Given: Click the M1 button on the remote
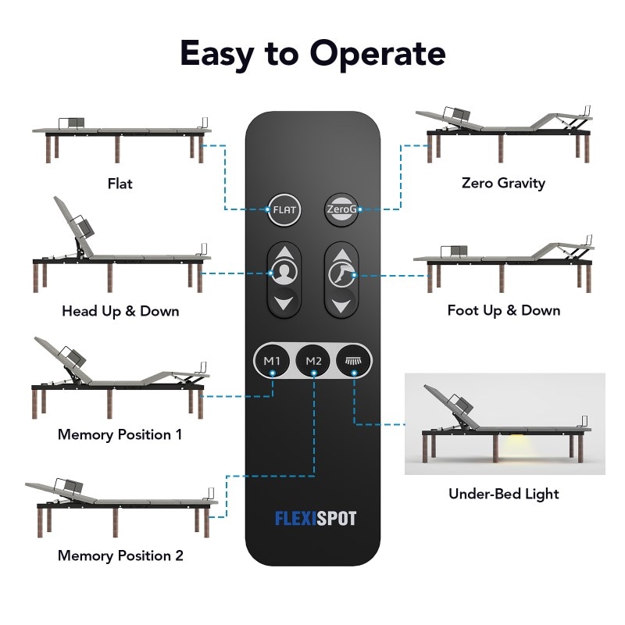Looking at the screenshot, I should click(271, 361).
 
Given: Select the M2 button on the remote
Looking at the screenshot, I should click(313, 361).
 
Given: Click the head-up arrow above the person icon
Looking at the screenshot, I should click(284, 254).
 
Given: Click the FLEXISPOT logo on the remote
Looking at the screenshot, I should click(315, 518).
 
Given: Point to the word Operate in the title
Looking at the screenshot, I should click(377, 53).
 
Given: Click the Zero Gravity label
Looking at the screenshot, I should click(503, 183).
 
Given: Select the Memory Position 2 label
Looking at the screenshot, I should click(120, 556).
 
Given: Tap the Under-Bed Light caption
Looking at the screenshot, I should click(503, 494).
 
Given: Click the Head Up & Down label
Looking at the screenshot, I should click(120, 311).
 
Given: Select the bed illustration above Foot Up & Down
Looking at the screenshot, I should click(504, 262).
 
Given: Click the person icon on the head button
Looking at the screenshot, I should click(284, 274).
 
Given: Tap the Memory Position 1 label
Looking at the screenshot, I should click(120, 434).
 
